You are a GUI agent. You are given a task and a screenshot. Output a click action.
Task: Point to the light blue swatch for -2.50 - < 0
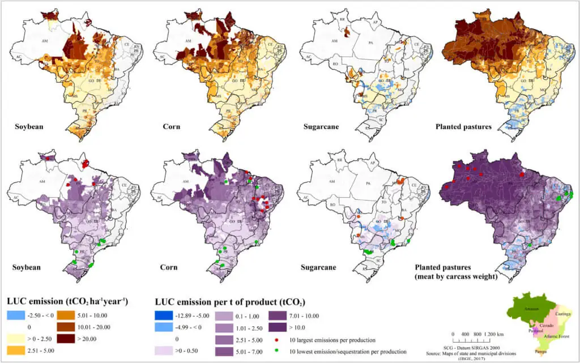(x=18, y=315)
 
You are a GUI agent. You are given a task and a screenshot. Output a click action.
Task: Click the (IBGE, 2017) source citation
(x=475, y=358)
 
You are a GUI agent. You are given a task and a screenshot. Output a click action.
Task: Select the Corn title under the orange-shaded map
(x=168, y=126)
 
